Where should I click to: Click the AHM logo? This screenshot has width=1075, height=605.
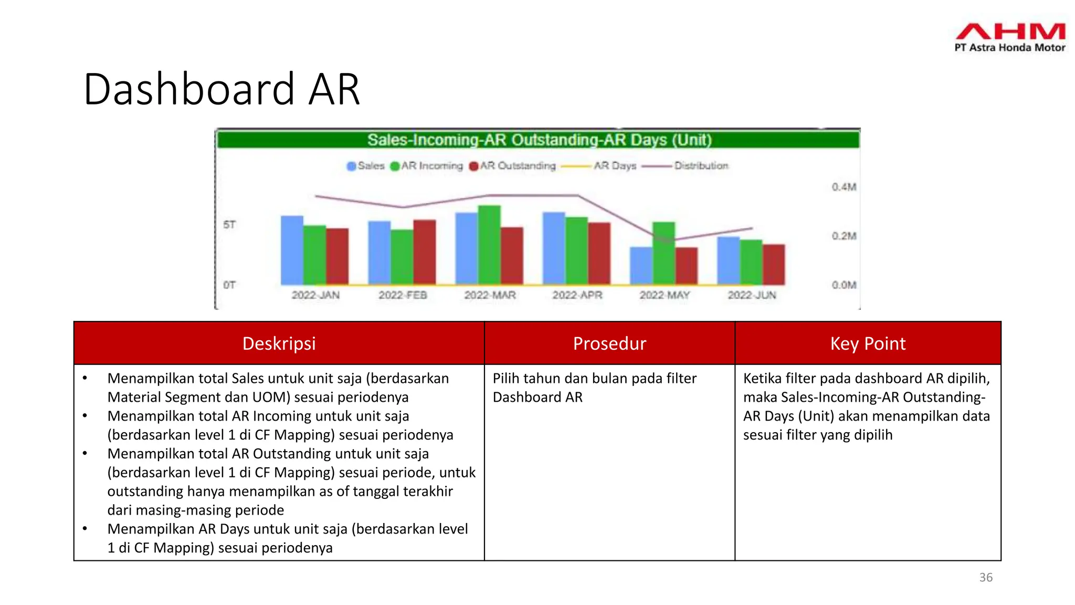(x=1010, y=37)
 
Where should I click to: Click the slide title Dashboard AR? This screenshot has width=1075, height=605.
(x=222, y=89)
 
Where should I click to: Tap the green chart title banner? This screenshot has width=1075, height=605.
(x=539, y=140)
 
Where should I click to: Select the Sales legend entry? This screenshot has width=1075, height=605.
(x=366, y=166)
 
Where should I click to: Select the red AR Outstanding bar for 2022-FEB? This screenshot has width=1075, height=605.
(x=424, y=252)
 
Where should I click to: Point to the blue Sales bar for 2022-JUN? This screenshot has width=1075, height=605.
(x=729, y=260)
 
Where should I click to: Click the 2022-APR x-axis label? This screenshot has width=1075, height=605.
(x=577, y=295)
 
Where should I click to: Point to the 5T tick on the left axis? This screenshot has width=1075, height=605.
(x=229, y=225)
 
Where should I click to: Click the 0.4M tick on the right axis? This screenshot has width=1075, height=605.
(x=844, y=187)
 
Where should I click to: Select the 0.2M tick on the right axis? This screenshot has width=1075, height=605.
(x=844, y=236)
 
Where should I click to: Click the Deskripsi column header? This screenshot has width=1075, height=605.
(x=279, y=343)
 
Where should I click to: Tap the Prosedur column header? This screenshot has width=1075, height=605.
(x=609, y=343)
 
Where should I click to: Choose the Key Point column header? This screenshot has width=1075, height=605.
(x=868, y=343)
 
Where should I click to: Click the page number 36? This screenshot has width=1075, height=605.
(x=986, y=577)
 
